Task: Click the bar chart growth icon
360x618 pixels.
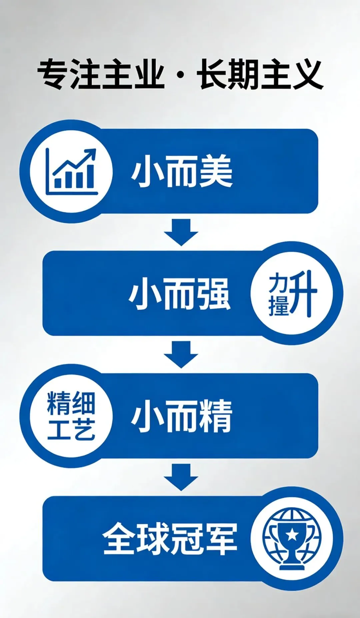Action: [71, 171]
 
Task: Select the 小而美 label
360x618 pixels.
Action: [182, 171]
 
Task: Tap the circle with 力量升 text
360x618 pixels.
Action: [292, 293]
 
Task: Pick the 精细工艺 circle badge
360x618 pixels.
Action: [71, 416]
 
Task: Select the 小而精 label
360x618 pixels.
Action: [182, 416]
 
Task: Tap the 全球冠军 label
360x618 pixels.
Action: [170, 539]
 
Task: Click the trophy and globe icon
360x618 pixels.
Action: [292, 538]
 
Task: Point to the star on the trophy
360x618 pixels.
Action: [292, 534]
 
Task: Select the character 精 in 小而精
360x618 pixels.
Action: [215, 416]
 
